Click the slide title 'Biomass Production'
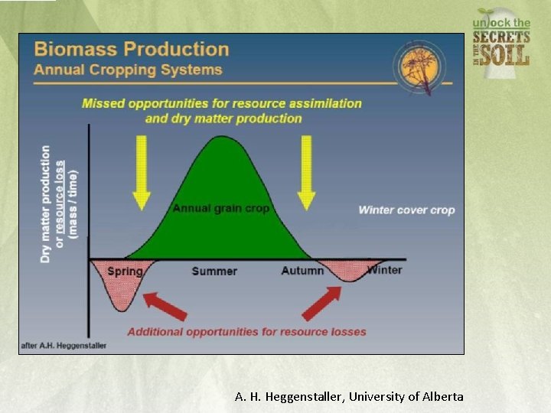click(x=131, y=50)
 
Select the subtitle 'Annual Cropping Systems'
click(x=128, y=70)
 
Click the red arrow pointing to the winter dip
click(x=322, y=304)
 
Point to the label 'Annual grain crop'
click(x=220, y=208)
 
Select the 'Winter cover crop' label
click(x=406, y=210)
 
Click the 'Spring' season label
click(x=125, y=271)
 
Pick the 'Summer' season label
click(x=214, y=271)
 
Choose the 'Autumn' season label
click(x=302, y=271)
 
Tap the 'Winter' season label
click(x=384, y=269)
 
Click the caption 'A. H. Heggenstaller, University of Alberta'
click(x=348, y=396)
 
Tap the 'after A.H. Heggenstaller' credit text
click(x=64, y=346)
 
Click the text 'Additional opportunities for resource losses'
click(x=246, y=332)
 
